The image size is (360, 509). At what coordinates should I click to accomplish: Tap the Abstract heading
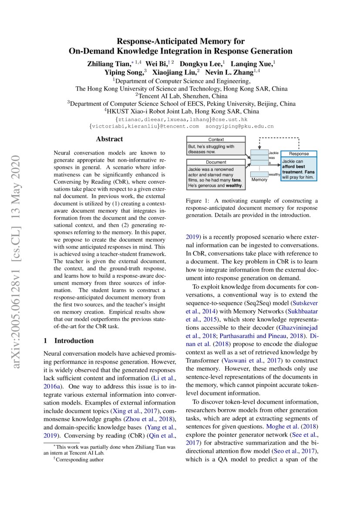109,139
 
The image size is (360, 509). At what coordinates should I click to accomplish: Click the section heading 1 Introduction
69,340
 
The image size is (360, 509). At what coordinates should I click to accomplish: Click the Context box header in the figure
216,140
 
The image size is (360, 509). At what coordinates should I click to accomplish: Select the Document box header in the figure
216,162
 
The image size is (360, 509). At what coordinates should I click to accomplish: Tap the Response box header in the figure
299,154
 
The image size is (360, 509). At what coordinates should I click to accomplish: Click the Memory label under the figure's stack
259,179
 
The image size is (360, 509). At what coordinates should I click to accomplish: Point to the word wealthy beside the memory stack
275,174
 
